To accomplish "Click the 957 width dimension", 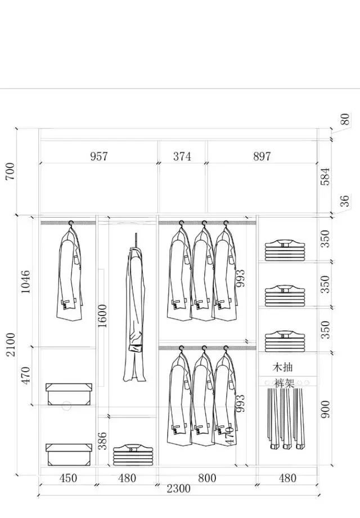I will coord(99,156).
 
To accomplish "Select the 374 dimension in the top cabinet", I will coord(182,156).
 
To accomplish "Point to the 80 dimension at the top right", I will coord(345,119).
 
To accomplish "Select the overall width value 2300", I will coord(178,489).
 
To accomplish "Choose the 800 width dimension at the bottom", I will coord(207,478).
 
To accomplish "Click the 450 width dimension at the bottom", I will coord(68,478).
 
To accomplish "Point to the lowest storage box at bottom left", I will coord(69,454).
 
